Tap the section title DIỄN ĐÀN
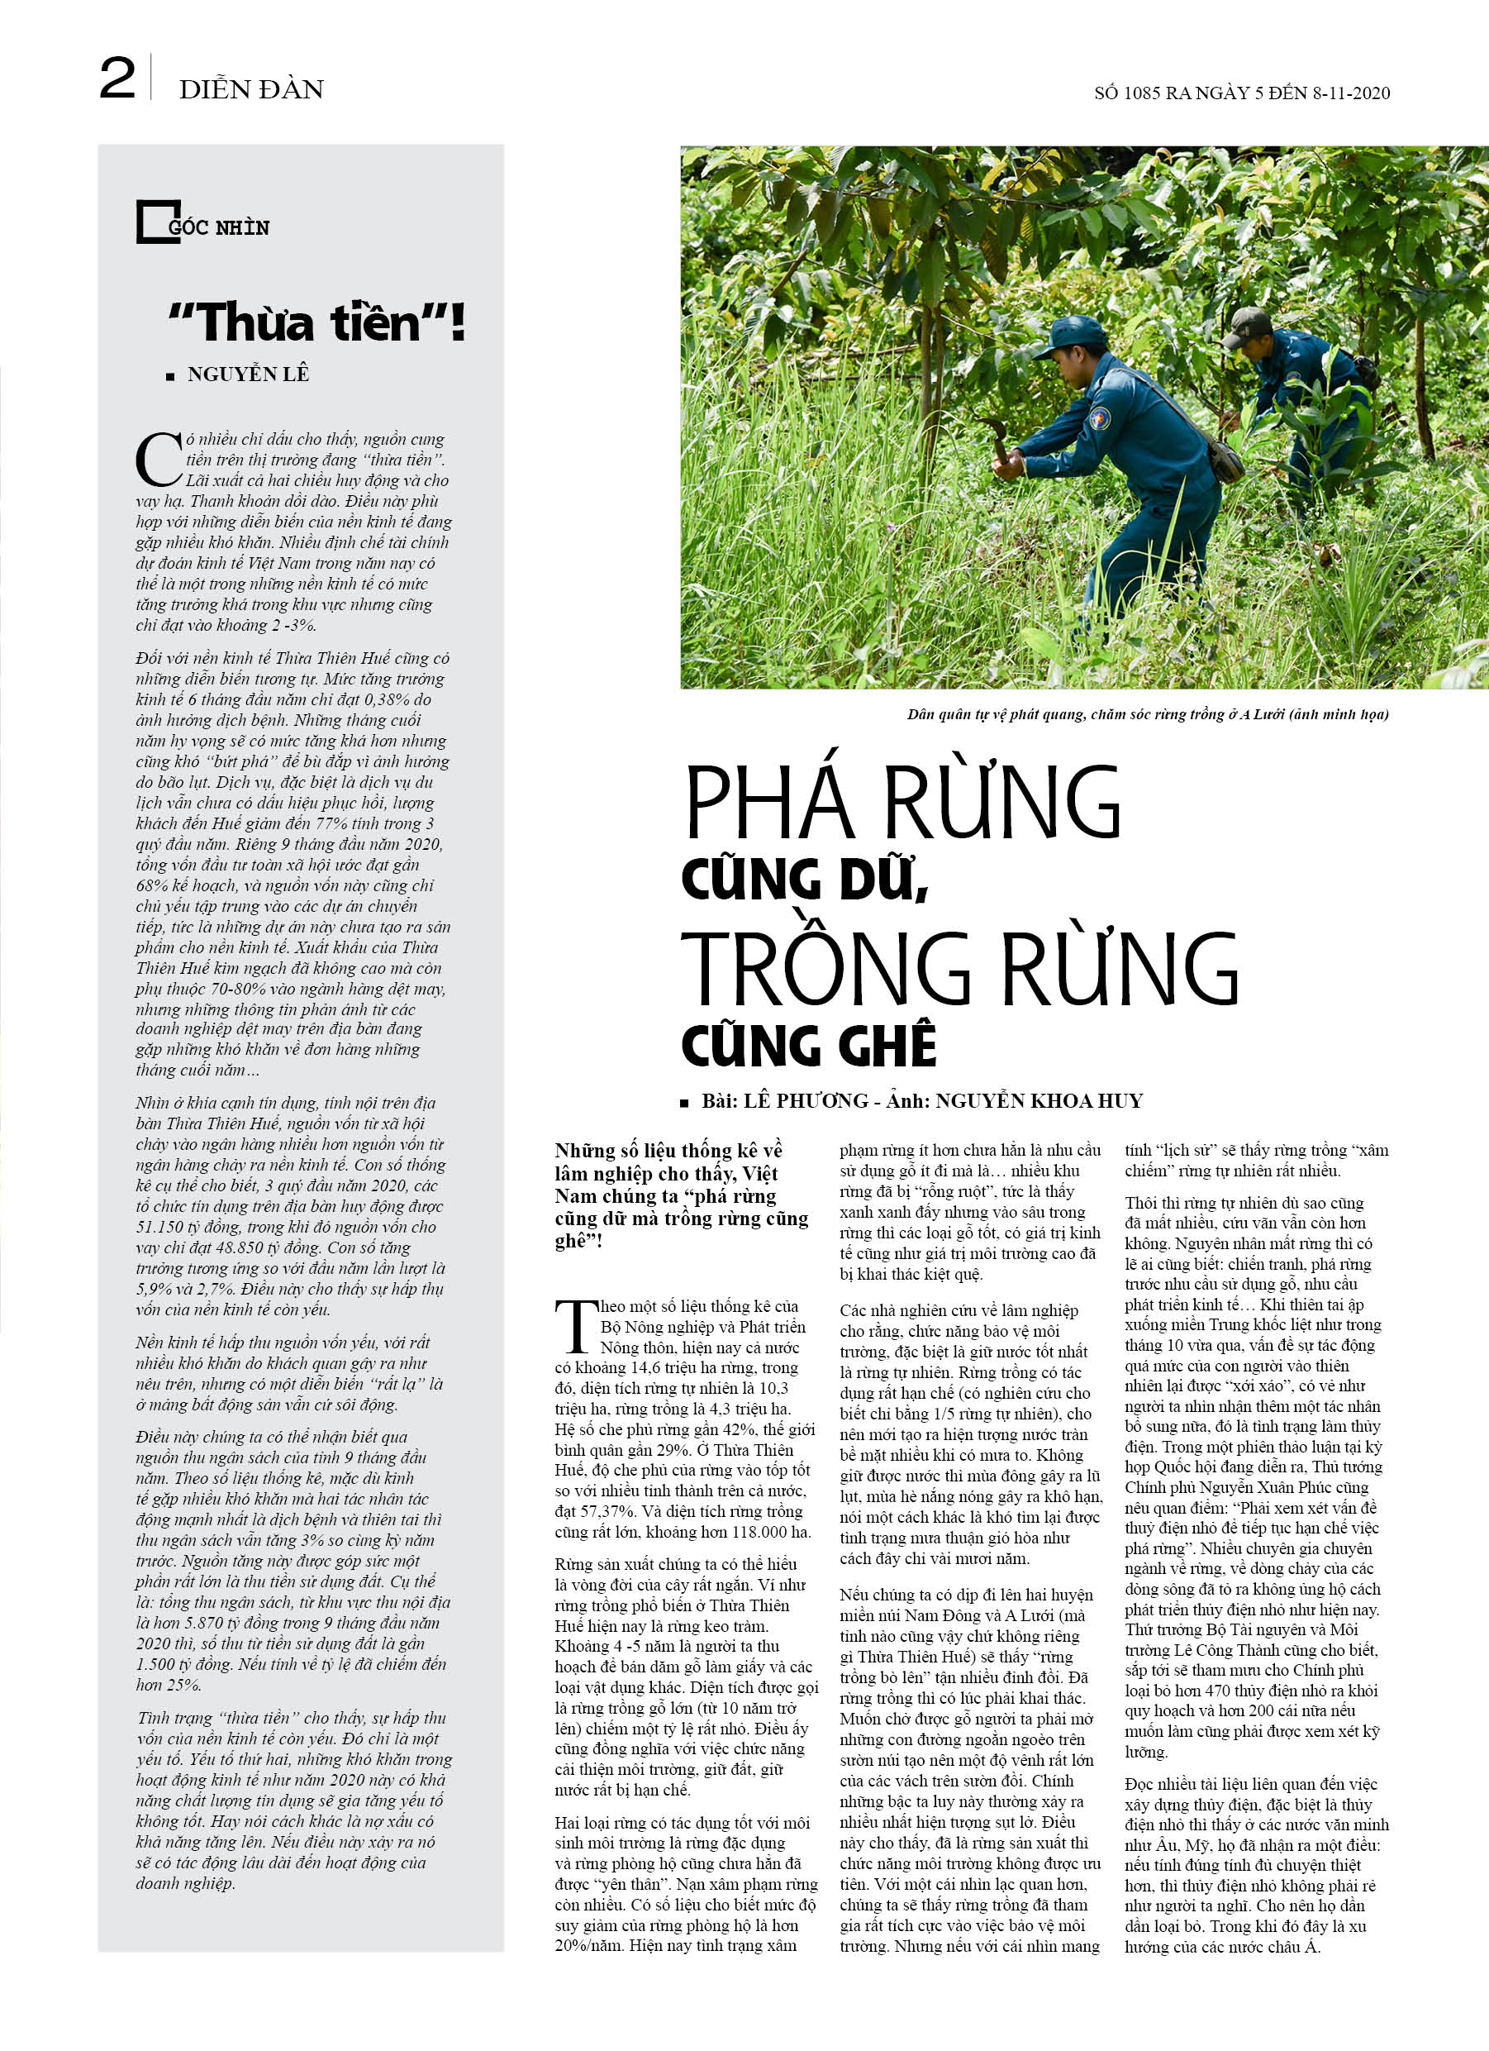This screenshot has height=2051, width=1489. click(250, 89)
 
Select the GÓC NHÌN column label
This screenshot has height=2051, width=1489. click(219, 228)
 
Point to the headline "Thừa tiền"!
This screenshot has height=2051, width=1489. click(316, 323)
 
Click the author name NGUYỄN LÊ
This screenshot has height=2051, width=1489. click(248, 374)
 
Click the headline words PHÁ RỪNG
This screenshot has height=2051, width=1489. click(902, 802)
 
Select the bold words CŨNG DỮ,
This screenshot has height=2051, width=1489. click(805, 879)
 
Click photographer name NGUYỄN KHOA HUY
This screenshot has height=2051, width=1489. click(1039, 1100)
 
